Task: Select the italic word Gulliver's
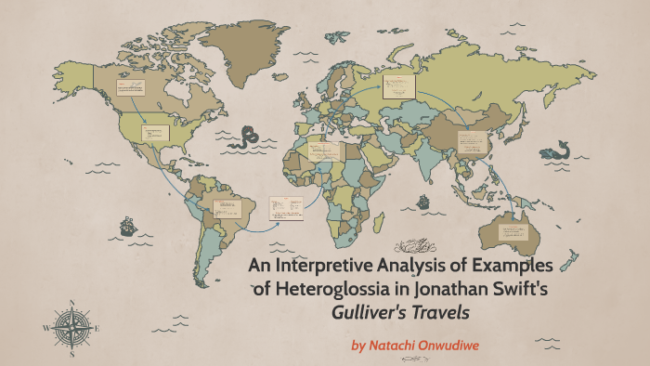tap(373, 312)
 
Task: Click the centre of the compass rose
tap(71, 327)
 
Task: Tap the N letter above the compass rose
tap(71, 303)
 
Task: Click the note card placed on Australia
tap(510, 225)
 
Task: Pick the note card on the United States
tap(155, 133)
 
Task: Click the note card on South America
tap(227, 208)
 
